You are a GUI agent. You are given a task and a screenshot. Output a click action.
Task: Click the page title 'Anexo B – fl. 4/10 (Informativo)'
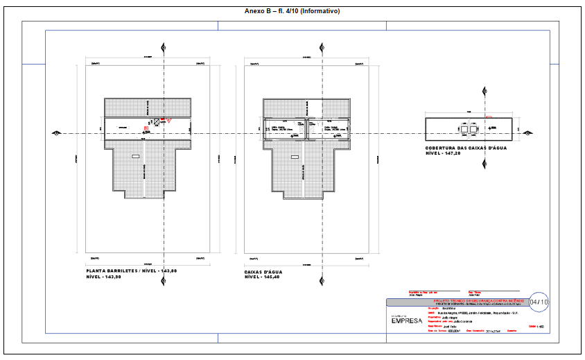[292, 11]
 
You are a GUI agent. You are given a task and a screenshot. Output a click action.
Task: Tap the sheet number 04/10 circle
[539, 302]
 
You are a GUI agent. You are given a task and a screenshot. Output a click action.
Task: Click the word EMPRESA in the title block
[406, 320]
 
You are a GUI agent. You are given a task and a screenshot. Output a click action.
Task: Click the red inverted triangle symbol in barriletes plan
[166, 121]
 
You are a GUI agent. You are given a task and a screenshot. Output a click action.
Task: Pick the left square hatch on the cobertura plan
[466, 129]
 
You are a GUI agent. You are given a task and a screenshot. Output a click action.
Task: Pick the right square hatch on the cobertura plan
[475, 129]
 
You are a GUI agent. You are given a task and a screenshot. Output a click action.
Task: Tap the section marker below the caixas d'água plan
[321, 280]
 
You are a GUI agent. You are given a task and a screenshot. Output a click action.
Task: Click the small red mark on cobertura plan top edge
[489, 117]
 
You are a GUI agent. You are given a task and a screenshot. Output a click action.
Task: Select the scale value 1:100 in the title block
[541, 326]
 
